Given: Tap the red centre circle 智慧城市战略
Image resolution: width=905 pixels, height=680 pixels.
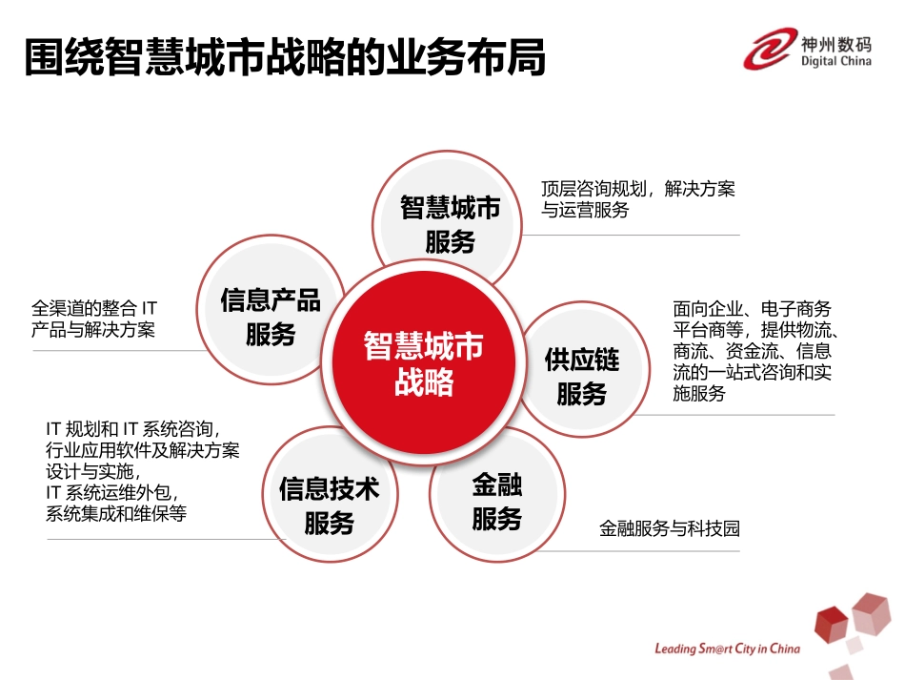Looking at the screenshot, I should (424, 363).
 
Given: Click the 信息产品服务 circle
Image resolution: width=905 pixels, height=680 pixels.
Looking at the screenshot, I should (271, 316).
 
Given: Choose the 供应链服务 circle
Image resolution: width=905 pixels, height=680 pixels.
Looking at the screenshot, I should (582, 376).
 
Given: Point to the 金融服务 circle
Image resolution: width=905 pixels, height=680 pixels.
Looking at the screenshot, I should (497, 502).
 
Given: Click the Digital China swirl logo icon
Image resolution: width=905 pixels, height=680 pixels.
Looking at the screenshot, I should (770, 48).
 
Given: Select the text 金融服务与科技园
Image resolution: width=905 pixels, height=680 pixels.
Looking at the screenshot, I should (669, 528).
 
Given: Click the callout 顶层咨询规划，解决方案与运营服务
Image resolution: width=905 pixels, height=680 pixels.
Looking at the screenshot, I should (638, 199).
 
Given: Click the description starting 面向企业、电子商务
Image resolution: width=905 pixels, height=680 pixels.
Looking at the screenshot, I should (754, 351).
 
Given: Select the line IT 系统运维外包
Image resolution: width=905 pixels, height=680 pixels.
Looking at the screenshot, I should (112, 492).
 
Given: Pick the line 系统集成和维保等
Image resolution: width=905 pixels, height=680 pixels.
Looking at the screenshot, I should (116, 513).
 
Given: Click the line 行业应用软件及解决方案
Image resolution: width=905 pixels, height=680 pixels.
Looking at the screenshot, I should (142, 450).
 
